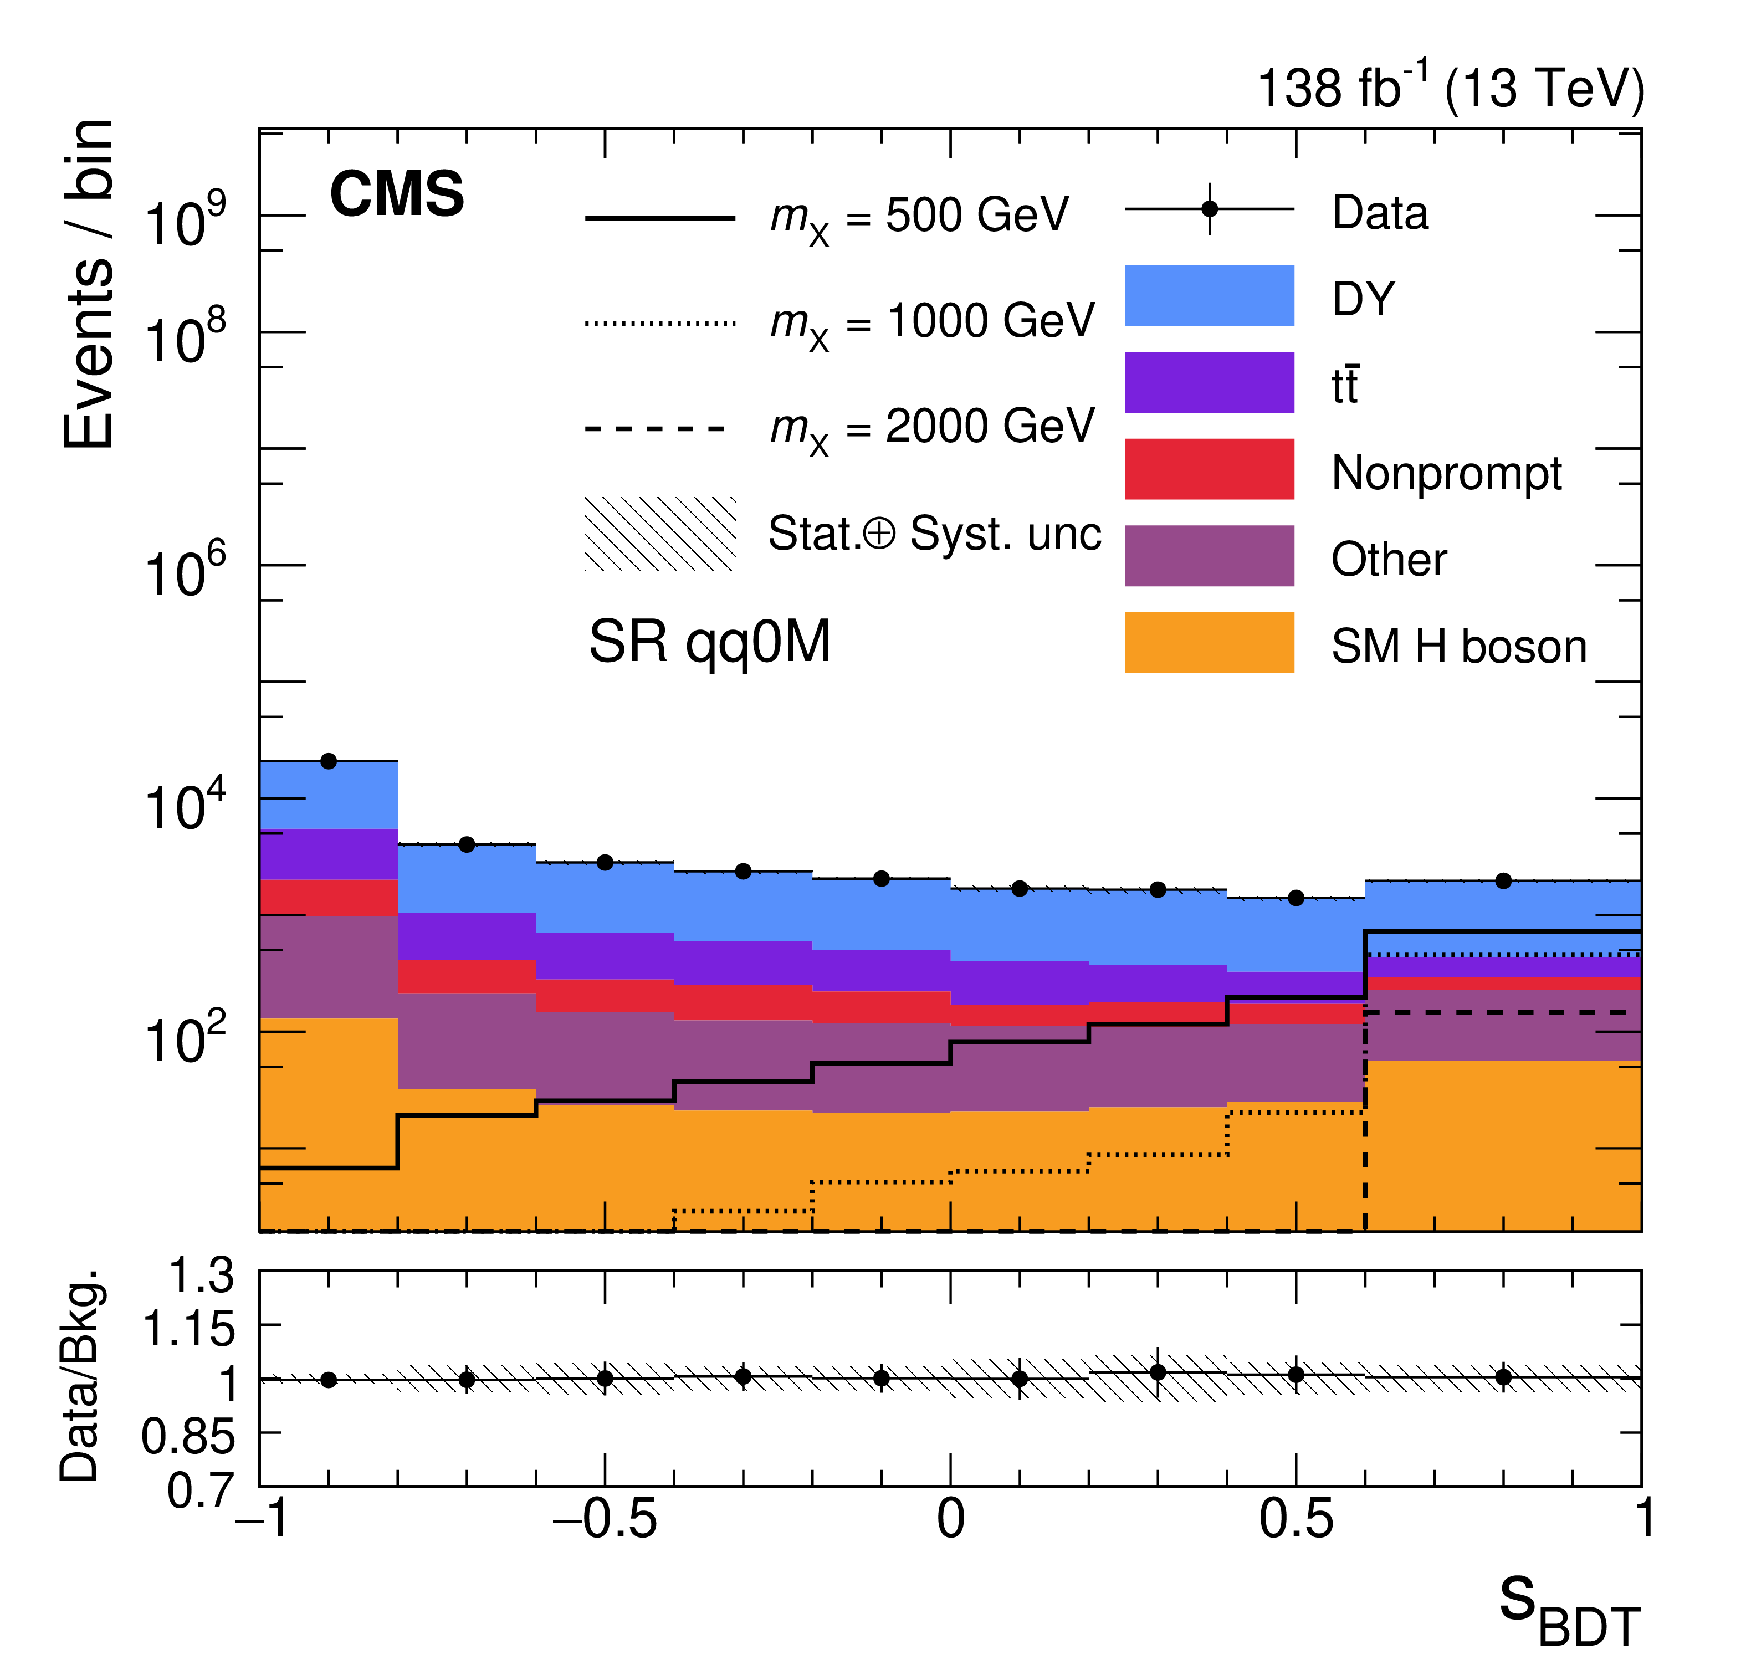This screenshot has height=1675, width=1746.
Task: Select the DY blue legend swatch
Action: (1209, 295)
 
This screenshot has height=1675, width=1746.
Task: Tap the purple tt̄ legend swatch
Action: (1209, 382)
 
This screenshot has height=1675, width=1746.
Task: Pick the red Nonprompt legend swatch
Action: (1209, 469)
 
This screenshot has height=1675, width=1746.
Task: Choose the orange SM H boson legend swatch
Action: (1209, 642)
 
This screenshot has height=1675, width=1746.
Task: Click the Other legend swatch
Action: (1209, 555)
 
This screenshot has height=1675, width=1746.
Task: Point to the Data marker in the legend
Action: (1209, 209)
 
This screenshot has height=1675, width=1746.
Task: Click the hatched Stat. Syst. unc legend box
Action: (660, 534)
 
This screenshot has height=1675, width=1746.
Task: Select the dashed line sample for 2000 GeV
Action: (660, 428)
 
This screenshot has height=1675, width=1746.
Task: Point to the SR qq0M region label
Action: (709, 642)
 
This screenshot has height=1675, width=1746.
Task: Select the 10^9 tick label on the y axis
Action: (185, 221)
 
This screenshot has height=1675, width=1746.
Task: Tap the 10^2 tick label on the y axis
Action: (185, 1038)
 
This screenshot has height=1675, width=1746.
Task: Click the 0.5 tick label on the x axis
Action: (1296, 1520)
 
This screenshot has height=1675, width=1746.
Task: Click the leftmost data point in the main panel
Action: (329, 761)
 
